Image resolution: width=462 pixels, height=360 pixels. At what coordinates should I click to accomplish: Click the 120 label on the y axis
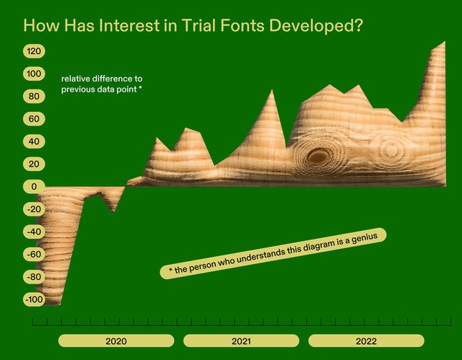[x=34, y=51]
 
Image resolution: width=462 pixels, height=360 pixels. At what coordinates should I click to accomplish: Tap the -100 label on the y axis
[x=34, y=299]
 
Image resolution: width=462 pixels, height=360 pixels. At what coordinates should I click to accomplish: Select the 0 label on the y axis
[x=34, y=187]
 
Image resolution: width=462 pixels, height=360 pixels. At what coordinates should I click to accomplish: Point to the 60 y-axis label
[x=34, y=119]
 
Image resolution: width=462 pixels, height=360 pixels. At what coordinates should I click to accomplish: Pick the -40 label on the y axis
[x=34, y=232]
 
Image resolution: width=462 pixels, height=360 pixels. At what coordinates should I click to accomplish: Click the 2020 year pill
[x=116, y=341]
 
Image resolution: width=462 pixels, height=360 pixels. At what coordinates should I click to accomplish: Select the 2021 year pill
[x=241, y=341]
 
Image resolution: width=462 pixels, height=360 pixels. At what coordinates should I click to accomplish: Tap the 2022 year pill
[x=366, y=341]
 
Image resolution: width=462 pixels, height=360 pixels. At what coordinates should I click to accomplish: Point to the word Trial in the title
[x=199, y=25]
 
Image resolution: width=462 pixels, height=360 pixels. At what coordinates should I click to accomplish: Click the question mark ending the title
[x=357, y=25]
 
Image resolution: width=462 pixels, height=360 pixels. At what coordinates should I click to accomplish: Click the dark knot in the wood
[x=318, y=157]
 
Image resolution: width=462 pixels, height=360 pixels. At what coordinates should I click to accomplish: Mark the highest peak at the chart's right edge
[x=445, y=42]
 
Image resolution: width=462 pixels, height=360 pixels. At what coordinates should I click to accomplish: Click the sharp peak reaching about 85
[x=271, y=90]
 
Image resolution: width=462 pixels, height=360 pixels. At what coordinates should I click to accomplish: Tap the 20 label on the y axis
[x=34, y=164]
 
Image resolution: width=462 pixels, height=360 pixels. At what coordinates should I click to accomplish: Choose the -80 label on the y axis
[x=34, y=277]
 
